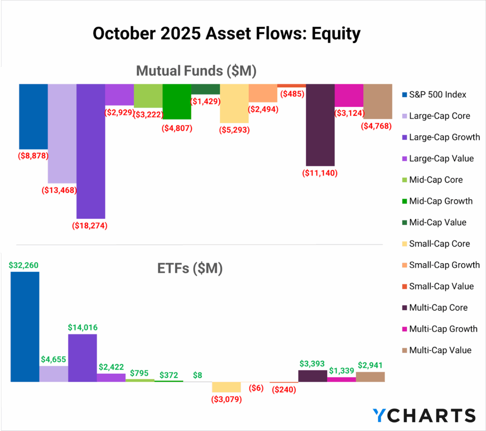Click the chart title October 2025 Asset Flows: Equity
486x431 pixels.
[226, 34]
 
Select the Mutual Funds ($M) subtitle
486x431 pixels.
[196, 71]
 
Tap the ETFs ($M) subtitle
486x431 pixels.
[189, 268]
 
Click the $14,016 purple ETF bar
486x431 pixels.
[83, 358]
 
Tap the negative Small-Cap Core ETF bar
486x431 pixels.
[226, 387]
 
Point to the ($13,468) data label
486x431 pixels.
[62, 190]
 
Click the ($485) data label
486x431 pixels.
[291, 94]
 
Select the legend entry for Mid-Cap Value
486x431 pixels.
[438, 222]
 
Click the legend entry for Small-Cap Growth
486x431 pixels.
[444, 265]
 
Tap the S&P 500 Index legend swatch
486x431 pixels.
[404, 95]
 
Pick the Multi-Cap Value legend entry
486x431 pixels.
[440, 350]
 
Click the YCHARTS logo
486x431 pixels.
[424, 415]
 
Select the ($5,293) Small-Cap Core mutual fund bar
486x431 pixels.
[234, 103]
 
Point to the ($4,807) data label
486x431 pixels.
[177, 128]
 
